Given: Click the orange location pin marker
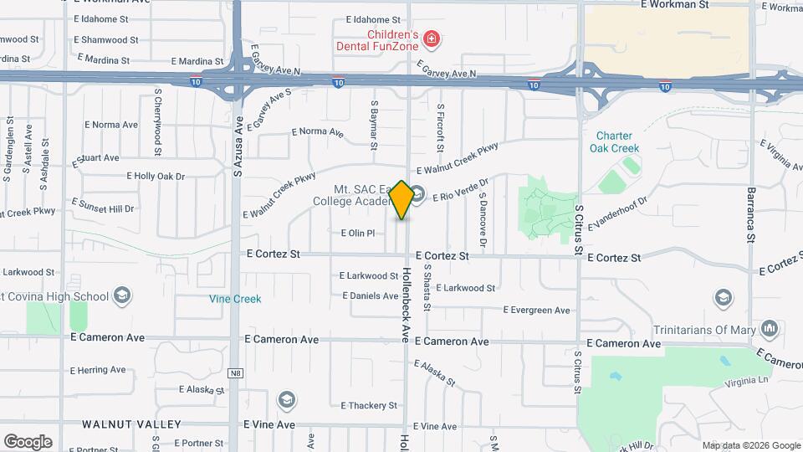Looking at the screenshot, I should (x=401, y=199).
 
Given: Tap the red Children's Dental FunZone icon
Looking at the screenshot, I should (x=432, y=39).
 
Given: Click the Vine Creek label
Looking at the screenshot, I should (x=235, y=299).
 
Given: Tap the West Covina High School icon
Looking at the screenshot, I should (x=122, y=295).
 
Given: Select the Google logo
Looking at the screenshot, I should (x=28, y=441).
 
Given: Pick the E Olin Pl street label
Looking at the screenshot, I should (x=361, y=233).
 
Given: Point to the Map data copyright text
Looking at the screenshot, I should (x=751, y=445).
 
